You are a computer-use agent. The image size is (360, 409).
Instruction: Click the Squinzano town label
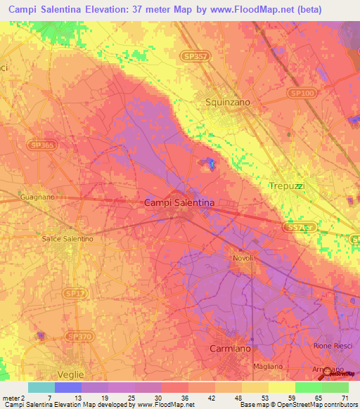pos(227,102)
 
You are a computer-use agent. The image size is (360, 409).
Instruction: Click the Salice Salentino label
pos(67,239)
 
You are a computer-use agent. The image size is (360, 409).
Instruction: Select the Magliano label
pos(267,366)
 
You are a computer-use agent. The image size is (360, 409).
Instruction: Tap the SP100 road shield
pos(301,92)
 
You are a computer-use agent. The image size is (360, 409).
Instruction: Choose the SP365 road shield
pos(42,145)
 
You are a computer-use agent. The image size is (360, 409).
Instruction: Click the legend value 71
pos(345,398)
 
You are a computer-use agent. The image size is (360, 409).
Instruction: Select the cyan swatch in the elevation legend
pos(41,387)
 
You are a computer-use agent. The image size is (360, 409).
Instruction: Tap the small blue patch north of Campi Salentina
pos(210,164)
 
